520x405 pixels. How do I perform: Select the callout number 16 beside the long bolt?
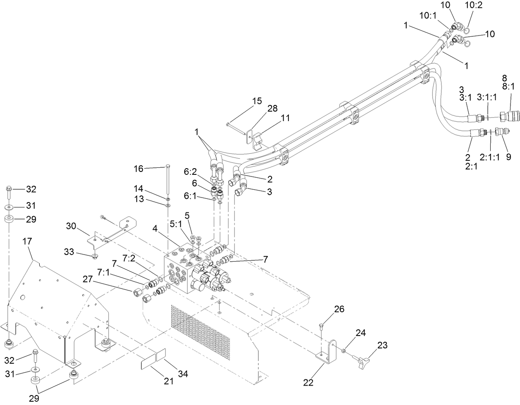point(138,169)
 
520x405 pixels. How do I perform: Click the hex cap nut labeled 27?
point(136,294)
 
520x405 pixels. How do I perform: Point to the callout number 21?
point(168,381)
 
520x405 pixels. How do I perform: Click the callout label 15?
point(257,101)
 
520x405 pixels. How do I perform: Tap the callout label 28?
point(272,108)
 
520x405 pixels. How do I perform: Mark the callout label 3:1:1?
point(487,97)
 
